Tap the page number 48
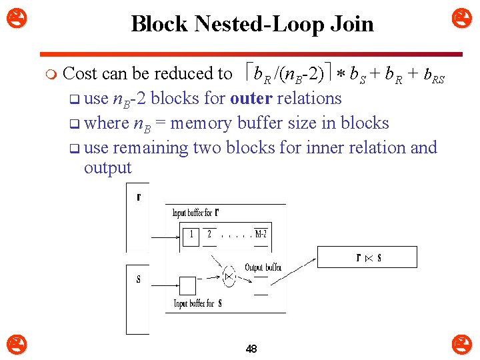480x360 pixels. pyautogui.click(x=251, y=349)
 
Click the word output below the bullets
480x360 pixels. pyautogui.click(x=108, y=167)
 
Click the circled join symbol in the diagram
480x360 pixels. pyautogui.click(x=229, y=275)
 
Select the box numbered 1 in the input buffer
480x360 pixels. pyautogui.click(x=191, y=235)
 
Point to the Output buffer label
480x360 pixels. pyautogui.click(x=263, y=267)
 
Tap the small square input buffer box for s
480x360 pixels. pyautogui.click(x=188, y=285)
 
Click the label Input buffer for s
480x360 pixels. pyautogui.click(x=198, y=303)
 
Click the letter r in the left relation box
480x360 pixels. pyautogui.click(x=138, y=197)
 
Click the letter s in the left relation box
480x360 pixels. pyautogui.click(x=138, y=279)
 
